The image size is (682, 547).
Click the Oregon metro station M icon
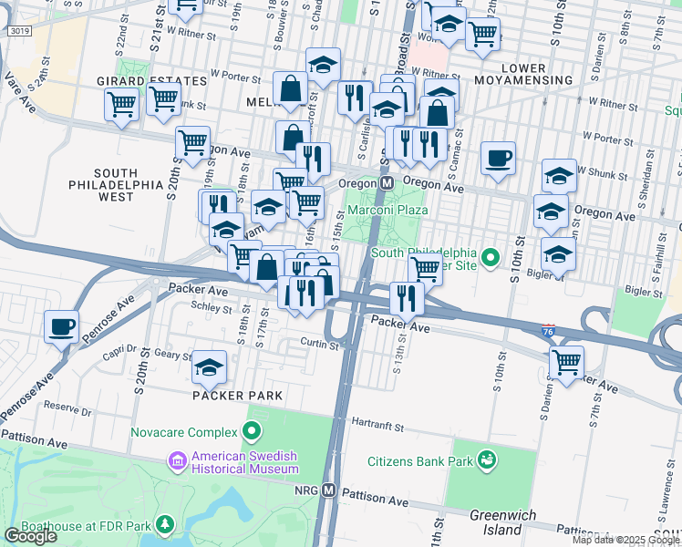387,183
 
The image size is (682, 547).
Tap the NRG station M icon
329,490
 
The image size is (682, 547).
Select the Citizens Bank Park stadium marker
488,460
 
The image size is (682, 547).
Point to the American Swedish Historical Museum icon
174,462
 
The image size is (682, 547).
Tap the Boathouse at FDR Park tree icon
164,524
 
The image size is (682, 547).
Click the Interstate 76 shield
548,329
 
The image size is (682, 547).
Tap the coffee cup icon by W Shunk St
498,157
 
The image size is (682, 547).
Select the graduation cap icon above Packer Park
210,366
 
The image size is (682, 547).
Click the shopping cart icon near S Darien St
566,362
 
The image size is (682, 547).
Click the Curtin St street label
320,343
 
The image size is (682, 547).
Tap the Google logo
30,536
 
